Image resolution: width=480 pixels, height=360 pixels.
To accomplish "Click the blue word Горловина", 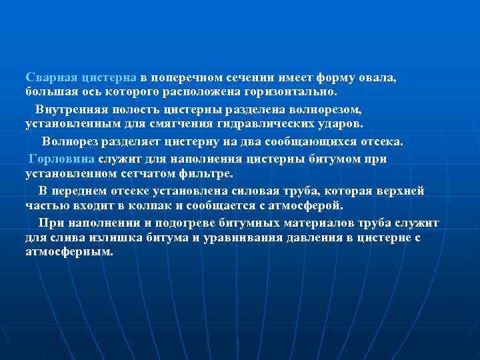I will click(x=62, y=159).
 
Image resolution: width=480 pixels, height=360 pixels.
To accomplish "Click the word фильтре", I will click(x=207, y=173).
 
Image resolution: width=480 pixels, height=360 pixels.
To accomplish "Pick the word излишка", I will click(x=97, y=237).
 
